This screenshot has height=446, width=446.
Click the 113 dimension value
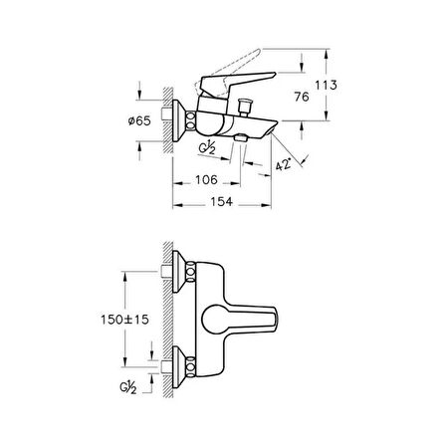point(326,86)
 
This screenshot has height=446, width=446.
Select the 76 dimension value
point(302,97)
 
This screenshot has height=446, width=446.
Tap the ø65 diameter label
point(139,120)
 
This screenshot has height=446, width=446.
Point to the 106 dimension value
point(206,180)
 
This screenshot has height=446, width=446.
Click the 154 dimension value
point(222,201)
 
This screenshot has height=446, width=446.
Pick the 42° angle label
point(283,164)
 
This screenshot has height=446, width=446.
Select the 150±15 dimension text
point(124,320)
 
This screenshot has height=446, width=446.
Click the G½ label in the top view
point(207,149)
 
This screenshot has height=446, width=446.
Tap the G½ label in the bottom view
point(128,387)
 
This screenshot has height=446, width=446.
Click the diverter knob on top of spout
point(245,107)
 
